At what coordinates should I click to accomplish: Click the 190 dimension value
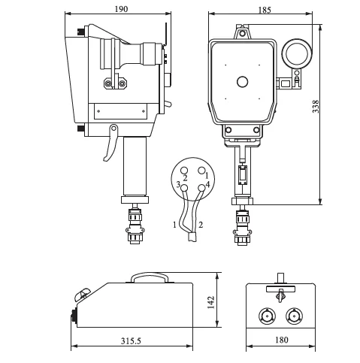[x=121, y=9]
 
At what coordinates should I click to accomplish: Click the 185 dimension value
[x=265, y=10]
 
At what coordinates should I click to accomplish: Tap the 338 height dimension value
[x=316, y=107]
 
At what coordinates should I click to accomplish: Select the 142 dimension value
[x=211, y=302]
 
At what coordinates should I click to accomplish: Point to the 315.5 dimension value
[x=131, y=340]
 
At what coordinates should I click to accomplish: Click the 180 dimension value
[x=282, y=340]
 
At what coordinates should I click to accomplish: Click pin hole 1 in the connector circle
[x=201, y=171]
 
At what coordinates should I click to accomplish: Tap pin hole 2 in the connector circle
[x=184, y=171]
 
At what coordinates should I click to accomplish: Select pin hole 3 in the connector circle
[x=184, y=188]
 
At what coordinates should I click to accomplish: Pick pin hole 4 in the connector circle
[x=201, y=188]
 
